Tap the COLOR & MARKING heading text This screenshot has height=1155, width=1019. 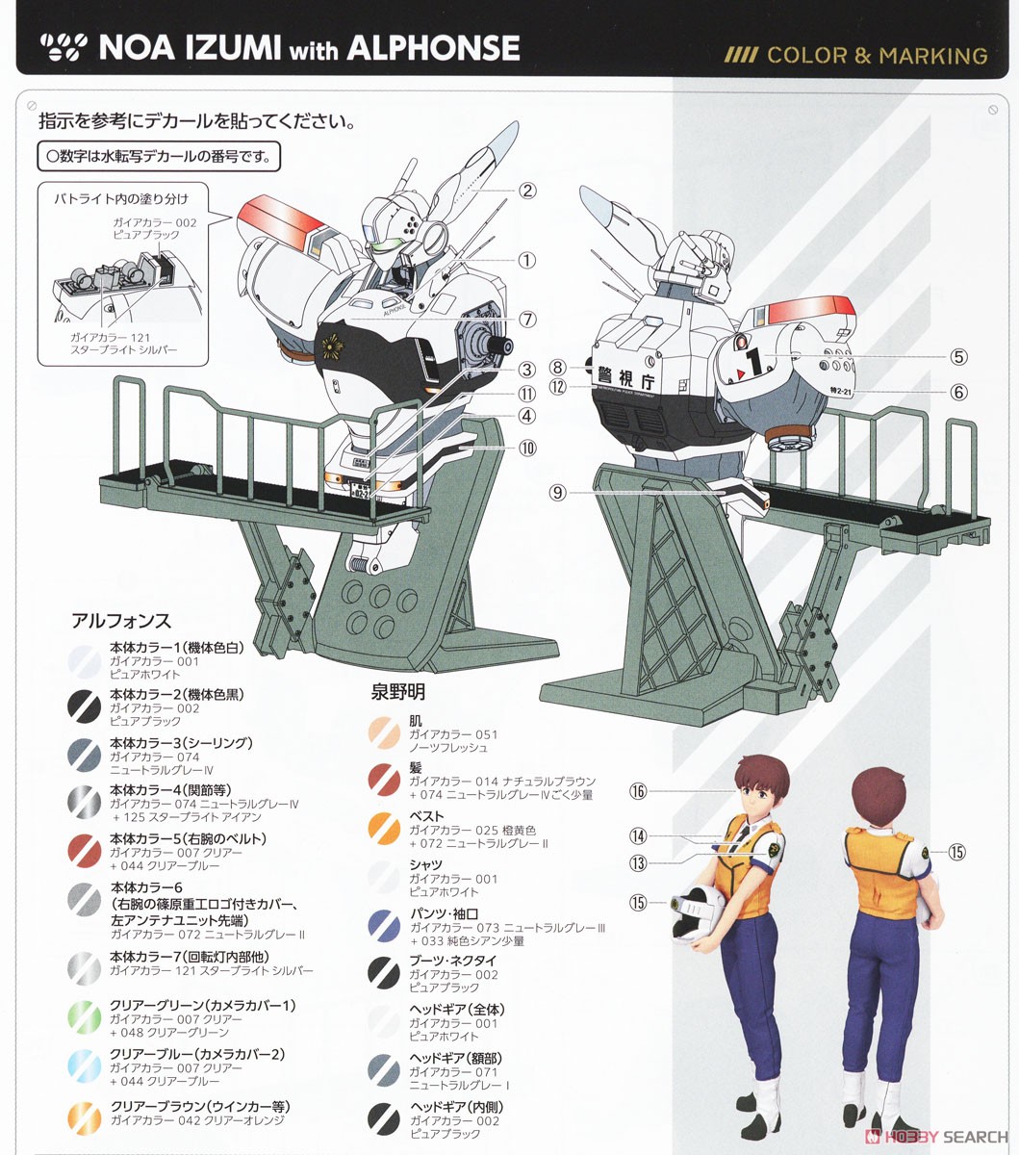coord(877,55)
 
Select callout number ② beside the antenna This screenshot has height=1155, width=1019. coord(526,191)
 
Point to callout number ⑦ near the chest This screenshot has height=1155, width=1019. coord(526,319)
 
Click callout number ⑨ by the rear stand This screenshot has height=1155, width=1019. coord(557,492)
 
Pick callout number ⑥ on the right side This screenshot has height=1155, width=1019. coord(958,392)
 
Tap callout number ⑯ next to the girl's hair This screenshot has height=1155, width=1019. coord(638,791)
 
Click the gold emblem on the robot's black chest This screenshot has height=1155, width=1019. coord(340,345)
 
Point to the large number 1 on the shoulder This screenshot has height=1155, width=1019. coord(755,362)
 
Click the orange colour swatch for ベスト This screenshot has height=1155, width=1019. coord(384,828)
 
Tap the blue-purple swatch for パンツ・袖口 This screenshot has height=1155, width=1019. coord(384,925)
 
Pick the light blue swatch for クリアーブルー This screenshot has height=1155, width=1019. coord(85,1066)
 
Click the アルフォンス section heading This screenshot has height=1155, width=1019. coord(121,621)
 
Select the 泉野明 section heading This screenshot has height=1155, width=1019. coord(398,692)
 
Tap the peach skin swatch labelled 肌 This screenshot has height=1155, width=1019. coord(384,733)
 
